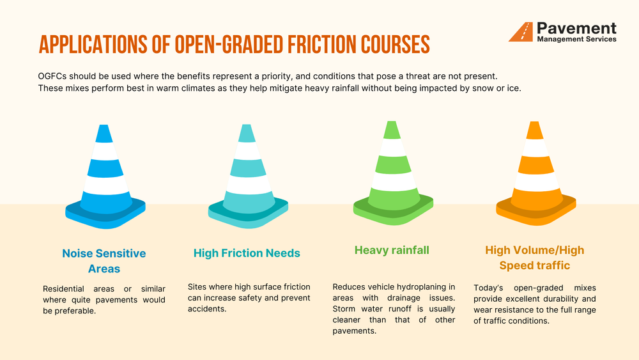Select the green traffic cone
click(392, 173)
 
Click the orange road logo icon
click(521, 32)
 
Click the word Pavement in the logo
click(576, 28)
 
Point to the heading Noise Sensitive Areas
click(104, 261)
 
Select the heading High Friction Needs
click(247, 253)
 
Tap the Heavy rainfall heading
click(392, 250)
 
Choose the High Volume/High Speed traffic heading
click(535, 258)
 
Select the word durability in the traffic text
click(558, 299)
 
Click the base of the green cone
click(392, 208)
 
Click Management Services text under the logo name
click(576, 39)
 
